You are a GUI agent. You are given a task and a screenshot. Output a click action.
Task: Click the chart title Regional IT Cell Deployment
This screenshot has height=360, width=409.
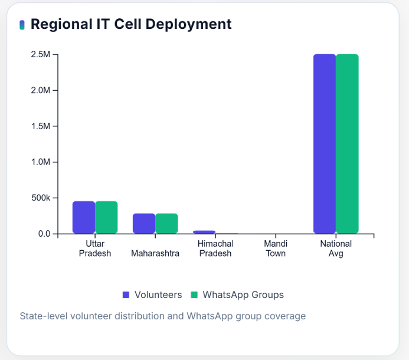coord(131,24)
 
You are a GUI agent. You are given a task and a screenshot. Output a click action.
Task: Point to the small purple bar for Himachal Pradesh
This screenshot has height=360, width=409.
coord(204,232)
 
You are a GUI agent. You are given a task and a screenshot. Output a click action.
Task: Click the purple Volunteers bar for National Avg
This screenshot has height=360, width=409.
coord(325,144)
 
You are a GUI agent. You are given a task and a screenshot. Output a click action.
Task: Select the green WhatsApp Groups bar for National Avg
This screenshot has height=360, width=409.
coord(347,144)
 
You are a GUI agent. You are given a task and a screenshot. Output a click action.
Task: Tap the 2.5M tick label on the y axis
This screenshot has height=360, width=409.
coord(41,54)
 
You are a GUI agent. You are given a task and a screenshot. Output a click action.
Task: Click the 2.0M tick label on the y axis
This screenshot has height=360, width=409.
coord(41,90)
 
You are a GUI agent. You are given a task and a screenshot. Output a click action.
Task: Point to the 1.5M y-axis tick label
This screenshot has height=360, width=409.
coord(41,126)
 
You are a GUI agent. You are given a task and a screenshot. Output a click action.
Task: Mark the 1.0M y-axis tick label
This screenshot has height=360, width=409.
coord(41,162)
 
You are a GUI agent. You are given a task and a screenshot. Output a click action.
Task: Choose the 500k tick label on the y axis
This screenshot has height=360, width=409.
coord(41,198)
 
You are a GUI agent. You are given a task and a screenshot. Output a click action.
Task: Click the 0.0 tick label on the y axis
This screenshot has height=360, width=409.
coord(44,234)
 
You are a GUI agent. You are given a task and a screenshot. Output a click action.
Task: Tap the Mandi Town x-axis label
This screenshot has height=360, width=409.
coord(276,248)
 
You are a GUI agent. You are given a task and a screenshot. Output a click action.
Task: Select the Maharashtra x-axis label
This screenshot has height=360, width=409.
coord(155,253)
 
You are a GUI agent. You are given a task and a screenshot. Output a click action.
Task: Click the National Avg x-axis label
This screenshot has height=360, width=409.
coord(336,248)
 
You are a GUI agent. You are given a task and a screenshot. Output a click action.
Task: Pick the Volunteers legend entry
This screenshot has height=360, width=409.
coord(152,294)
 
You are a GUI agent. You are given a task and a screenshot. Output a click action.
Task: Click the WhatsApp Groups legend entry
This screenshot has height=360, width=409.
coord(237,294)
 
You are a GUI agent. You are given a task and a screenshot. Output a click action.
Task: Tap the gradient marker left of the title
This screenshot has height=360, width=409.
coord(22,25)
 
